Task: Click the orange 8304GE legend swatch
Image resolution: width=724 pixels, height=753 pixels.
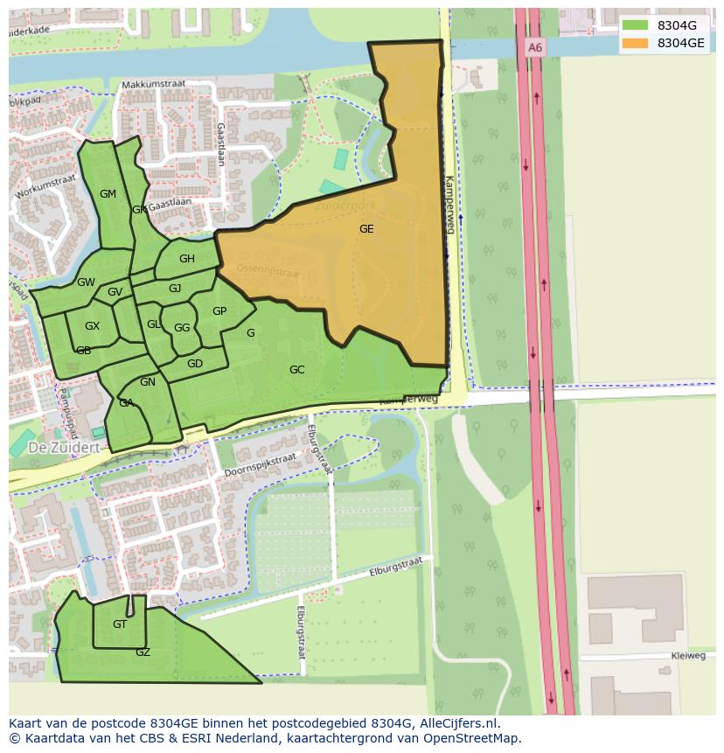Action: click(636, 43)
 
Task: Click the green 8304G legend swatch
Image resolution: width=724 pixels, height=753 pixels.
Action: click(636, 25)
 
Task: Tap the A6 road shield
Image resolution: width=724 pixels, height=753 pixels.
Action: click(535, 48)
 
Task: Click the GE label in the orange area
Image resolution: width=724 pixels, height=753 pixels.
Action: click(366, 229)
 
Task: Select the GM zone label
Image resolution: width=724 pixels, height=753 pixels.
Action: click(108, 194)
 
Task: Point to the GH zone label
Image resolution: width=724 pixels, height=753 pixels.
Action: click(187, 259)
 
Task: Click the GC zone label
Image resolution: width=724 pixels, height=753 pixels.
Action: click(296, 370)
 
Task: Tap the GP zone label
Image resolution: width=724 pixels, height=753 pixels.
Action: click(219, 311)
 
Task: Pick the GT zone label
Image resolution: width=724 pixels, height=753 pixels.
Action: click(120, 624)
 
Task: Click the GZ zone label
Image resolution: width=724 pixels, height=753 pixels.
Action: click(143, 652)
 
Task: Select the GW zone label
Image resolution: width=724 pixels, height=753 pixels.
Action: click(86, 282)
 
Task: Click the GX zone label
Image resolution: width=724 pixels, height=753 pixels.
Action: click(92, 326)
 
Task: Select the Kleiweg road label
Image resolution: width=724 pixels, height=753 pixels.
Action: click(688, 655)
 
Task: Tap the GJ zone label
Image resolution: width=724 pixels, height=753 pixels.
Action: click(175, 289)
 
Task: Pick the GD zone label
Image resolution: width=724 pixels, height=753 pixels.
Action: click(195, 364)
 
